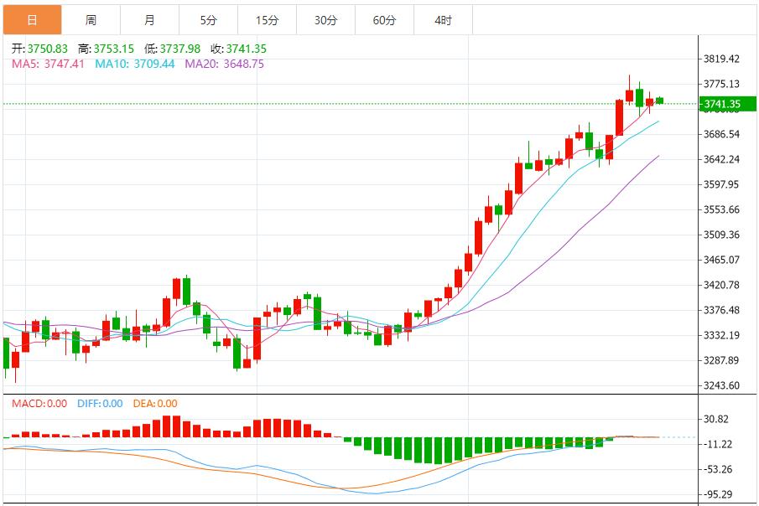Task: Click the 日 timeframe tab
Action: pos(32,20)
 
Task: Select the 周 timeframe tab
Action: pos(91,20)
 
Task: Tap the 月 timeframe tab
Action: pos(149,20)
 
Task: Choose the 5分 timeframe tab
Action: pos(208,20)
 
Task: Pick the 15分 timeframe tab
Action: pos(267,20)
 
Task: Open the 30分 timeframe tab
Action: pos(325,20)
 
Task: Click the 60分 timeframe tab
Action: pos(384,20)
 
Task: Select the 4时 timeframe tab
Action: pos(443,20)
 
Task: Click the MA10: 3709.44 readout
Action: pos(135,64)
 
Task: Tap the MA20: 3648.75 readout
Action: pos(224,64)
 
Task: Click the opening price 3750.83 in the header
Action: pos(40,49)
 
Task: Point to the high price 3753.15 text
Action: pos(108,49)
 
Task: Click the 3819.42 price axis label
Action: pos(721,59)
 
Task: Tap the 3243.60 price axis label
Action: pos(721,385)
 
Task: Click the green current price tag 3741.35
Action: pos(721,105)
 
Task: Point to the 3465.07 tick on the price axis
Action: pos(721,260)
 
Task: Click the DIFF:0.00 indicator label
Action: pos(100,404)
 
